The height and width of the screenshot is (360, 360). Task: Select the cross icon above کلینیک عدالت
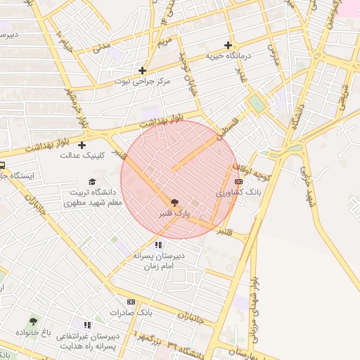82,145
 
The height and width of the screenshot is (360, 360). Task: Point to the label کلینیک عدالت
82,155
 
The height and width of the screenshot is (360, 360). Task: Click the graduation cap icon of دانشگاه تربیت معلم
92,181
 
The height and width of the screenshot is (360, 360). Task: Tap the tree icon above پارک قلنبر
175,202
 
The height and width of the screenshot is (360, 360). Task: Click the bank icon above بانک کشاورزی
238,181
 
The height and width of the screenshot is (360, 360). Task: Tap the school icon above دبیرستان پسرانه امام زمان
157,245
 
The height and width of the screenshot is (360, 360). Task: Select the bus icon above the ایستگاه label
2,166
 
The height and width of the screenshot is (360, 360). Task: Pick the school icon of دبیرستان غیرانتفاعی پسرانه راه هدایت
87,325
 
